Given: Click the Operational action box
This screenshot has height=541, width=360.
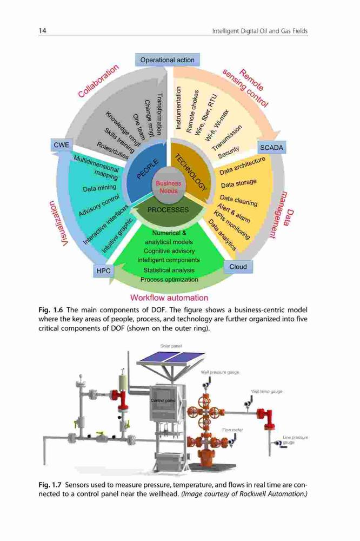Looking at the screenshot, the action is [167, 60].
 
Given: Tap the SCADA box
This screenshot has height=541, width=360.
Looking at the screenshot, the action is [271, 148].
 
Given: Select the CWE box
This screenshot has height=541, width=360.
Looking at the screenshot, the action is [62, 145].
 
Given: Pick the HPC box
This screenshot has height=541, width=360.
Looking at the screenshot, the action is [103, 271].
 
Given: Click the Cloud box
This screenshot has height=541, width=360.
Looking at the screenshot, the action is [238, 267].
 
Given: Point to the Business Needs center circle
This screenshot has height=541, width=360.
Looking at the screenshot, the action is [168, 187].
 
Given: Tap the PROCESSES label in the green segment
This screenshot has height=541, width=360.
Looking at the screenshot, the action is [168, 210].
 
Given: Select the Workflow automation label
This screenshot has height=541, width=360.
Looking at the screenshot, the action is [169, 298].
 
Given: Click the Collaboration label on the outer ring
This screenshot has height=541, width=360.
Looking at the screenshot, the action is [98, 81].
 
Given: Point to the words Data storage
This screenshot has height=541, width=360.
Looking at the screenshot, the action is [238, 183].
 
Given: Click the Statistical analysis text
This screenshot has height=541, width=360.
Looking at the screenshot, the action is [169, 270].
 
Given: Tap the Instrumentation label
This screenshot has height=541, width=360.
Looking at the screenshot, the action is [178, 108].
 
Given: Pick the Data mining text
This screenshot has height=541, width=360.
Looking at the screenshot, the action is [99, 188].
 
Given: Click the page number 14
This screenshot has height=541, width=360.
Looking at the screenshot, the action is [42, 31].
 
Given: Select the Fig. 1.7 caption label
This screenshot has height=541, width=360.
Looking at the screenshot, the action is [50, 485].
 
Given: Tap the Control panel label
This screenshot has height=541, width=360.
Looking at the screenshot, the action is [163, 400].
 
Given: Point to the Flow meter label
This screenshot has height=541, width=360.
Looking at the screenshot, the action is [232, 430].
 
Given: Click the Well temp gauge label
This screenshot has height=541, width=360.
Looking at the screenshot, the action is [266, 391].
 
